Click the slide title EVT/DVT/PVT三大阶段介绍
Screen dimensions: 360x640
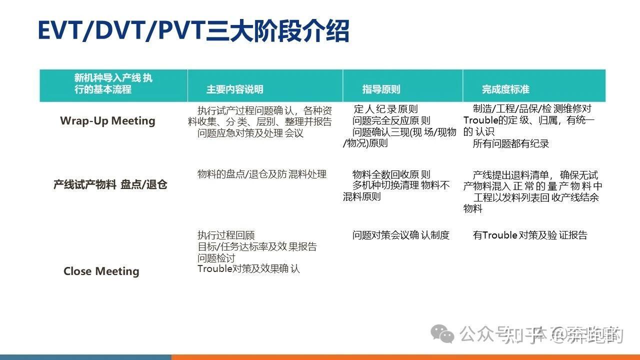[x=193, y=31]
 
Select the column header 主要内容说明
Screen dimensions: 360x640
[x=234, y=89]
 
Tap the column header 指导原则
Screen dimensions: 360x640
[x=381, y=89]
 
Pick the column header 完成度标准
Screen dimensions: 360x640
[x=505, y=89]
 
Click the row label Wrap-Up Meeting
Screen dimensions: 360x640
[x=107, y=121]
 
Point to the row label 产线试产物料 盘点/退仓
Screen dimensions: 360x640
[x=110, y=184]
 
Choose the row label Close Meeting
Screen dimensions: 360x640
[x=101, y=271]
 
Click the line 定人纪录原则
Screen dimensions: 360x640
[x=385, y=109]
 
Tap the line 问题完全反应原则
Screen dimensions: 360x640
[x=391, y=120]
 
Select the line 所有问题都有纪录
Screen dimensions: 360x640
[x=510, y=144]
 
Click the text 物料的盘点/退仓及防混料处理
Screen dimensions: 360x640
[x=262, y=174]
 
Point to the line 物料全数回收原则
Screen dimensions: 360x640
[x=391, y=174]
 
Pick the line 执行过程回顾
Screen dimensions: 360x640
[x=226, y=235]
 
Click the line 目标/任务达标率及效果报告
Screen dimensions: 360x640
[x=257, y=246]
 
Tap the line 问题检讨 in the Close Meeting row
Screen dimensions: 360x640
[x=216, y=258]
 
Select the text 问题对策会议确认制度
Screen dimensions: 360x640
[x=400, y=235]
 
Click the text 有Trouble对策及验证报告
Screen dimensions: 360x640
[x=530, y=235]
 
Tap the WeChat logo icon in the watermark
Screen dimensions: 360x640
[x=443, y=333]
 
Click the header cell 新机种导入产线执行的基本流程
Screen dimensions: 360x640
[x=113, y=84]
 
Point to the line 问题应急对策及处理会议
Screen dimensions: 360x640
[x=250, y=133]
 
